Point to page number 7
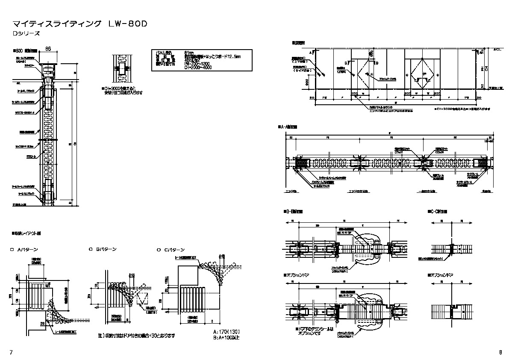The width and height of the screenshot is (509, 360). tap(11, 351)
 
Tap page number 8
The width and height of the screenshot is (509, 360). tap(500, 352)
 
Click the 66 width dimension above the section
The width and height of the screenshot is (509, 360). tap(48, 50)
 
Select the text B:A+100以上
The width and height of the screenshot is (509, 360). tap(227, 337)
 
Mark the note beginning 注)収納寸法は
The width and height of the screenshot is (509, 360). tap(136, 336)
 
